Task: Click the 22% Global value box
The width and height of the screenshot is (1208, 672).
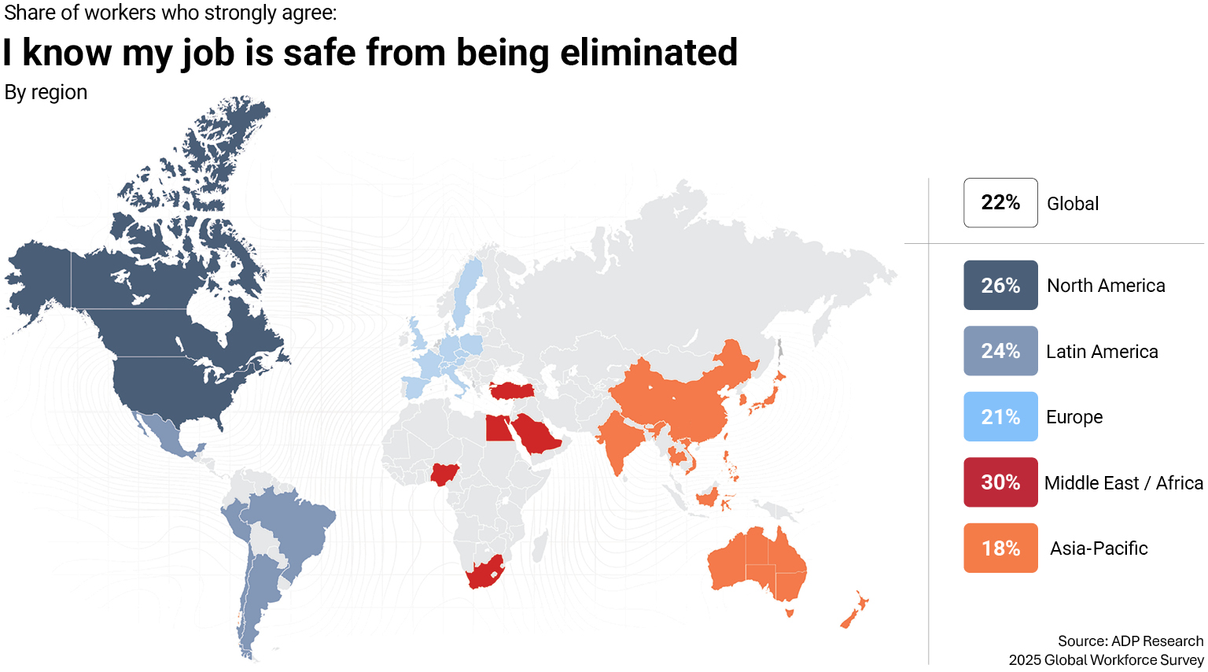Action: pos(1000,203)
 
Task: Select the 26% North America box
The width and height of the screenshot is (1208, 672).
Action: pos(1000,285)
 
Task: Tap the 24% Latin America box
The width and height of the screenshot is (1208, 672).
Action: pos(1000,351)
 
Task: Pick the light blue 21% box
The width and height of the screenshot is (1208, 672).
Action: pos(1000,416)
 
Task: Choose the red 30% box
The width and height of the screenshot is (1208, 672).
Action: pos(1000,482)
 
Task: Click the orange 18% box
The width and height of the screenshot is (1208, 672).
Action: pos(1000,548)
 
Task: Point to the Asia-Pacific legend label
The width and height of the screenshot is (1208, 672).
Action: pos(1099,548)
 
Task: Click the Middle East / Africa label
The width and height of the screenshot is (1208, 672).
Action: pos(1123,483)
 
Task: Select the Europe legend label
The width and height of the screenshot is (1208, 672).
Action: pos(1074,417)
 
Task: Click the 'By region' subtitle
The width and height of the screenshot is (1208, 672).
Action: pos(46,92)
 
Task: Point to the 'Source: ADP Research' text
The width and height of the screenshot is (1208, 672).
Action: pos(1130,641)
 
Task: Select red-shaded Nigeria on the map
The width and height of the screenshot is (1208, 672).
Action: pos(444,474)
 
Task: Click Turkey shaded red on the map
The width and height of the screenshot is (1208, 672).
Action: pos(511,390)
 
